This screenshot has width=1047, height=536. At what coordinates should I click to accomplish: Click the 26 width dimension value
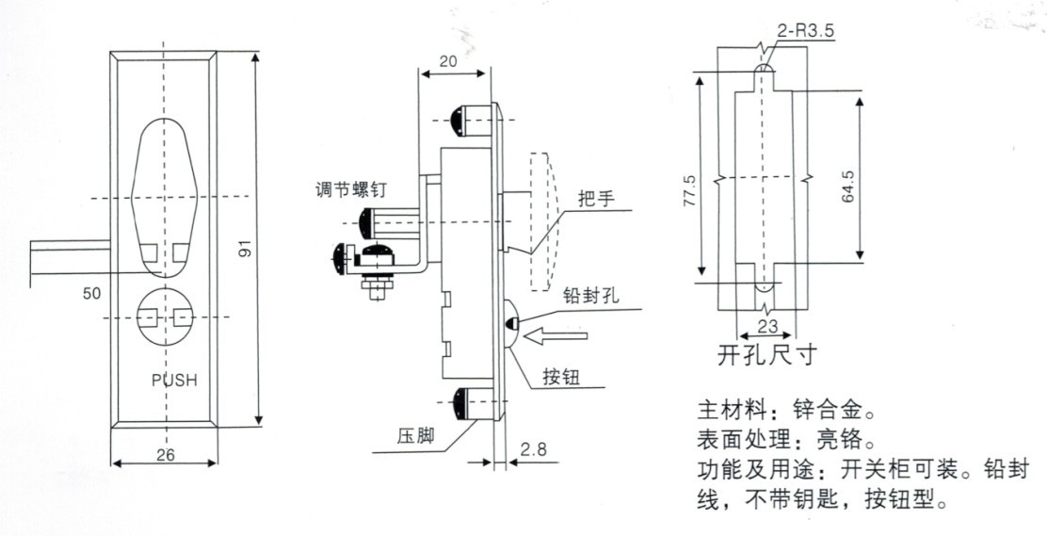[x=165, y=453]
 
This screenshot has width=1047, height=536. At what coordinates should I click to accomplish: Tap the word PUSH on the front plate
[x=172, y=382]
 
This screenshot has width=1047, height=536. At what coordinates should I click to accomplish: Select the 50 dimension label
[x=91, y=294]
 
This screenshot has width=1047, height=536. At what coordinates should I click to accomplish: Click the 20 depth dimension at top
[x=449, y=60]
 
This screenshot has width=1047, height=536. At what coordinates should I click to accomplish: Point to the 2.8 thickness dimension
[x=536, y=451]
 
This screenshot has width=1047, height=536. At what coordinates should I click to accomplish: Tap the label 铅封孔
[x=589, y=294]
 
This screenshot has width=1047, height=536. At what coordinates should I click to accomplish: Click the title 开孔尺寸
[x=764, y=357]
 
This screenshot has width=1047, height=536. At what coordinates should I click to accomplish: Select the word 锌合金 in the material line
[x=826, y=412]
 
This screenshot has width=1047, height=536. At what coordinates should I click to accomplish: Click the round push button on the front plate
[x=164, y=317]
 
